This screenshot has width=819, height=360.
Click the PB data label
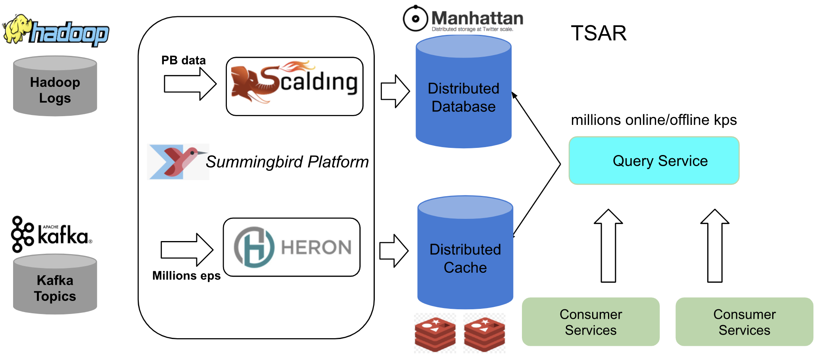(x=183, y=60)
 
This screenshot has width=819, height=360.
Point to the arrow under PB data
(x=190, y=84)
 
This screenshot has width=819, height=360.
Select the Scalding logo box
(x=294, y=86)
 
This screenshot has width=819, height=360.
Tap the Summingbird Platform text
(x=287, y=162)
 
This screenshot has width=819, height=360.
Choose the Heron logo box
(x=292, y=247)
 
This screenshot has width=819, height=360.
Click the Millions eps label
(x=186, y=276)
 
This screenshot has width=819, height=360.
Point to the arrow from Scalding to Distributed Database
(x=395, y=91)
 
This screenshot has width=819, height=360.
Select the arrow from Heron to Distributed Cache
(x=394, y=251)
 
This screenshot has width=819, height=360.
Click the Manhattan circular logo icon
(x=415, y=18)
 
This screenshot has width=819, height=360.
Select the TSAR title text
(x=598, y=33)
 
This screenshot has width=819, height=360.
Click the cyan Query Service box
(x=654, y=161)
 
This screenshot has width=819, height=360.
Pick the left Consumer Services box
(x=591, y=322)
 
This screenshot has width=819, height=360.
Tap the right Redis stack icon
(x=484, y=333)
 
